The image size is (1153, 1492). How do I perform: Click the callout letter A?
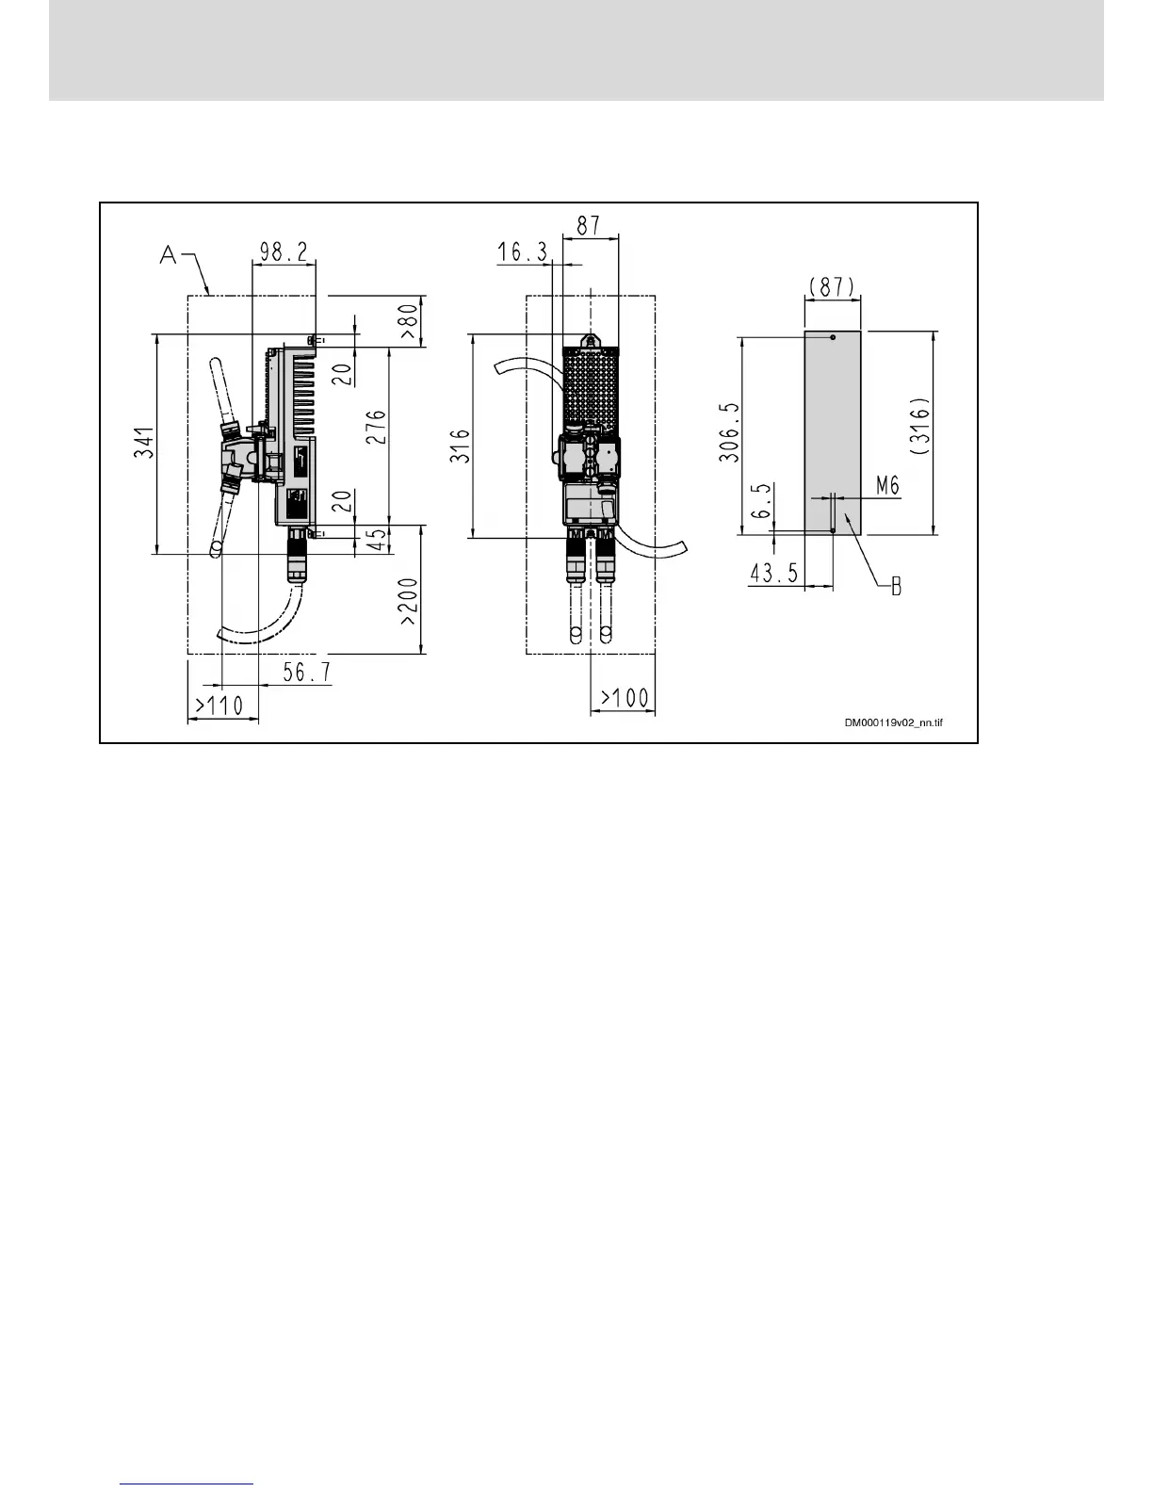coord(169,253)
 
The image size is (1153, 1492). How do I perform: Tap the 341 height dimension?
coord(142,444)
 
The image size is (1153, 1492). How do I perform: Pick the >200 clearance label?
coord(409,604)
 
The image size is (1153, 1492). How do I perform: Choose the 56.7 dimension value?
coord(306,672)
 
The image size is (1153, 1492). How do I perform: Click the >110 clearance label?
coord(219,705)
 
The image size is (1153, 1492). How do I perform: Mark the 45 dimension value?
coord(376,540)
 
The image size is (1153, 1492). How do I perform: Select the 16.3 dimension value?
coord(523,251)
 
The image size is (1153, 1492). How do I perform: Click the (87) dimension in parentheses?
coord(833,286)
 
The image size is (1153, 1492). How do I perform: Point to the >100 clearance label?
coord(625,698)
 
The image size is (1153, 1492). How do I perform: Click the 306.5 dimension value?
coord(730,432)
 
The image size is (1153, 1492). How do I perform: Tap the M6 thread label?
coord(887,485)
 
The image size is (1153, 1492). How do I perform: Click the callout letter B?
coord(896,586)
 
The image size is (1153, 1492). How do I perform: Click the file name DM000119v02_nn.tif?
coord(893,722)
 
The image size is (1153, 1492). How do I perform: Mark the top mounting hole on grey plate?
coord(833,336)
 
